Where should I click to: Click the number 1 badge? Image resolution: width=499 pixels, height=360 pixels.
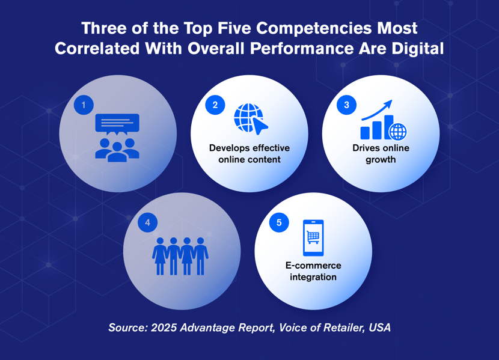tap(84, 105)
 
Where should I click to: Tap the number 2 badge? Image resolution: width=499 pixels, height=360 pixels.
tap(215, 105)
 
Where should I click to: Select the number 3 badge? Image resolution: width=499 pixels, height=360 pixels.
tap(346, 105)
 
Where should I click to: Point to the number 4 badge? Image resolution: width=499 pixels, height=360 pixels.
tap(147, 223)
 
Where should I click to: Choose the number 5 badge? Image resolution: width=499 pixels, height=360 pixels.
tap(279, 223)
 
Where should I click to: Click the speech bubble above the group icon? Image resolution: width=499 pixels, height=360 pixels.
tap(117, 124)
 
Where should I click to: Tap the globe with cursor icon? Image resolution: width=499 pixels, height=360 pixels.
tap(250, 119)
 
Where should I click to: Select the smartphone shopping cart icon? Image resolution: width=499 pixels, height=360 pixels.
tap(313, 238)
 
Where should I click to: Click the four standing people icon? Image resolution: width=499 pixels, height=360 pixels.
tap(180, 256)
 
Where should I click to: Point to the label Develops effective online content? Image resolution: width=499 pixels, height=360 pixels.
tap(249, 153)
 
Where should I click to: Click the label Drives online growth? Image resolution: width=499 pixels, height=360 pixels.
tap(381, 153)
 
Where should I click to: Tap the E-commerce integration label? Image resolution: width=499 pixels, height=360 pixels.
tap(313, 271)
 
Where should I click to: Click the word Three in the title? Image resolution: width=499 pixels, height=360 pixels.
tap(102, 28)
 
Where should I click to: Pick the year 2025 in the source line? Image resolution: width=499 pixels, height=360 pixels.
tap(164, 328)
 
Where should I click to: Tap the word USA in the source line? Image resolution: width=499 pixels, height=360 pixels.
tap(379, 328)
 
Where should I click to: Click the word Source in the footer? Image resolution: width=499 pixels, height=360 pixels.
tap(127, 328)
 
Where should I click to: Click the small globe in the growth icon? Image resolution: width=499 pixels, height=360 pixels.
tap(397, 131)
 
